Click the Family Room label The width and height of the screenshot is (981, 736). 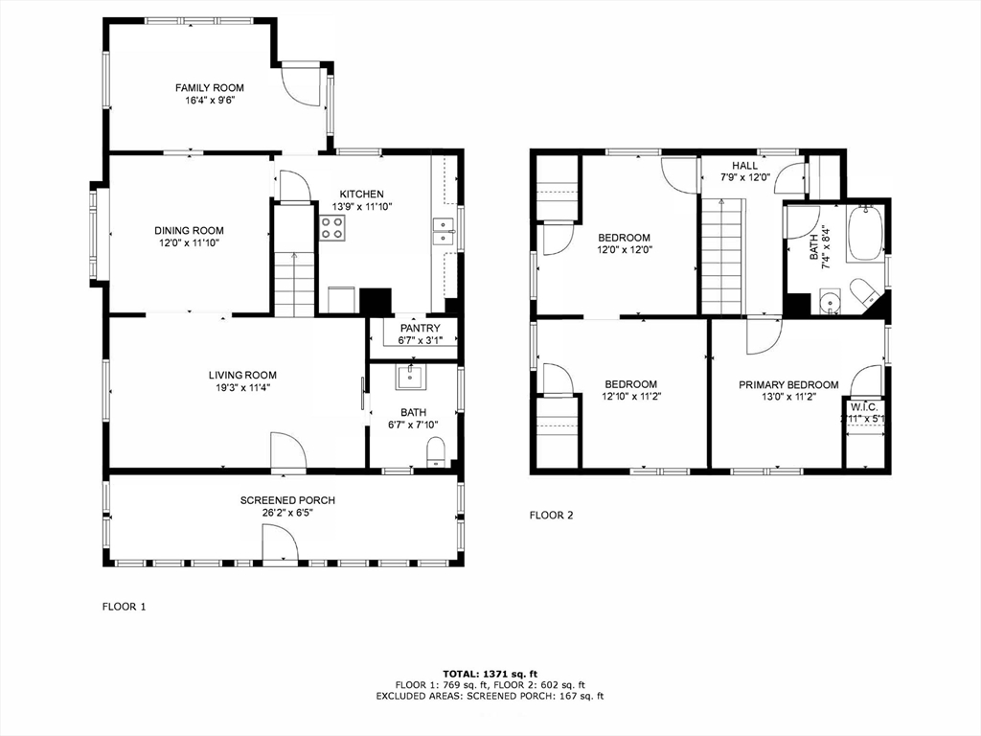point(209,87)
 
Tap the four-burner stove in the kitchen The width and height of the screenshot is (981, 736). point(332,228)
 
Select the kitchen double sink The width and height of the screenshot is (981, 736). point(443,233)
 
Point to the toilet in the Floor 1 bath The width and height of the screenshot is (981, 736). point(436,451)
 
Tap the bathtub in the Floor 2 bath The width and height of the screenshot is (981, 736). point(868,233)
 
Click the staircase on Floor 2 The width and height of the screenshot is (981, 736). point(722,256)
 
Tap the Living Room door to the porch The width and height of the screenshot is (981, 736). point(287,451)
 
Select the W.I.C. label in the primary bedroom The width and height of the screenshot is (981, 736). point(861,405)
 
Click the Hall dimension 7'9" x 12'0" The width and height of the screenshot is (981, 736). point(745,177)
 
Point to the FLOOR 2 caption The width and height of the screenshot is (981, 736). point(551,515)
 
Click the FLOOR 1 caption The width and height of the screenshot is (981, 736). point(125,606)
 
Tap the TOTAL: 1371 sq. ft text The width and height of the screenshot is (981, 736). point(489,674)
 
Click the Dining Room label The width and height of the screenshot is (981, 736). point(189,230)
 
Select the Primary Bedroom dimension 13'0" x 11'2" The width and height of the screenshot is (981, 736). point(787,397)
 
